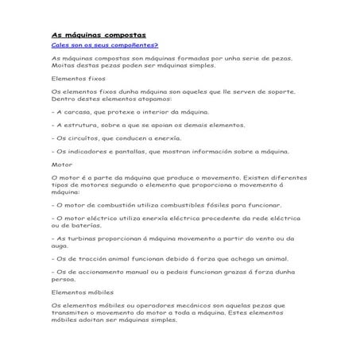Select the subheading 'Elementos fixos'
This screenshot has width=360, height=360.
pos(78,79)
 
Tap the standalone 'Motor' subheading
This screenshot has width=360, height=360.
pos(61,165)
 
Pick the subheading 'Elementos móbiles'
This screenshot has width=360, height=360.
pos(83,292)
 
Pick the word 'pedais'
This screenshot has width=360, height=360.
pos(168,270)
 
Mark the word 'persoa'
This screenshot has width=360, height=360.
pos(64,280)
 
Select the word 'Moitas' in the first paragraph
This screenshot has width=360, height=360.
pos(63,66)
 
